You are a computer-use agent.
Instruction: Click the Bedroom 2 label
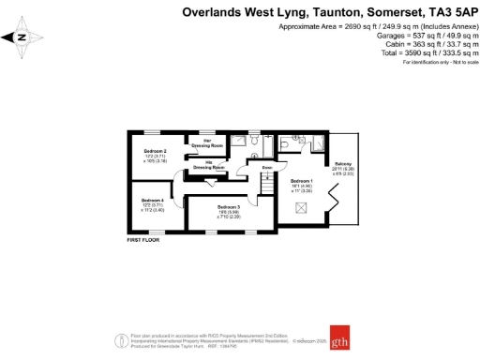coord(155,151)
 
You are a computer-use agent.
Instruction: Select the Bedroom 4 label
coord(152,201)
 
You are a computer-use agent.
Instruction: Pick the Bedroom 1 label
coord(301,180)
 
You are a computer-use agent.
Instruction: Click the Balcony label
coord(343,163)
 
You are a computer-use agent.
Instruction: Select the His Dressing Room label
coord(214,166)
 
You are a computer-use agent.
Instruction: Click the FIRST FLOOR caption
coord(145,242)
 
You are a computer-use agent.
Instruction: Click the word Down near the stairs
coord(267,168)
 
